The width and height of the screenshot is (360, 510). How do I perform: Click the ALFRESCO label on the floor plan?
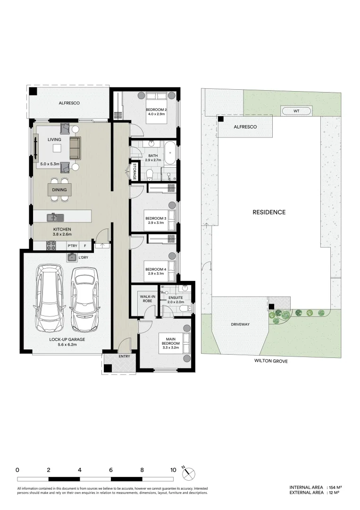coord(69,102)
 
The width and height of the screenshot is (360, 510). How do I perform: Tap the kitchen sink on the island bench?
coord(55,217)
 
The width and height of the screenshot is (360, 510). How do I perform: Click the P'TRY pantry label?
coord(72,246)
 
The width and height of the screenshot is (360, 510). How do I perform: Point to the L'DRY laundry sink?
coord(72,257)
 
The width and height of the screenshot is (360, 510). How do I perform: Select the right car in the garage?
coord(84,299)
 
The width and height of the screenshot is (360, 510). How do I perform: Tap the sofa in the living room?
coord(75,147)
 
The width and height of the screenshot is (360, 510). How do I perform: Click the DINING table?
coord(59,190)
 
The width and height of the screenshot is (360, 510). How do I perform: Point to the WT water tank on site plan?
coord(296,111)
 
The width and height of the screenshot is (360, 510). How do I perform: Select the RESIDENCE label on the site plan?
coord(269,212)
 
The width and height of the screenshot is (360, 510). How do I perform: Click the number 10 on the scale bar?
coord(173,470)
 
